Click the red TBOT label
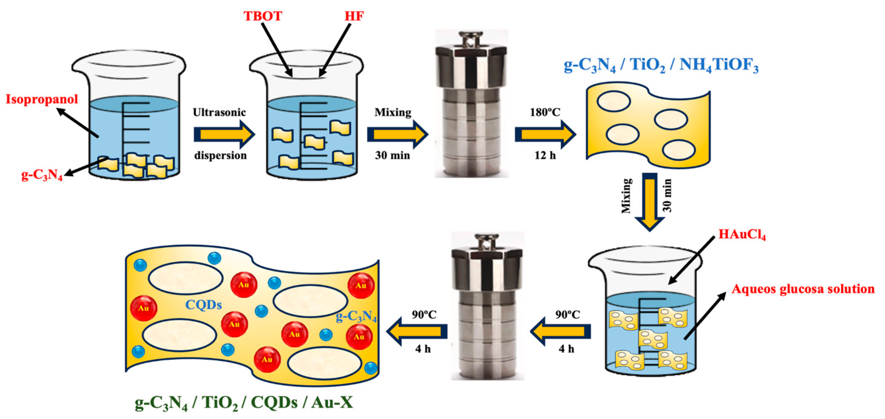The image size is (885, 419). coord(263,16)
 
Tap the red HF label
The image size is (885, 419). coord(354,16)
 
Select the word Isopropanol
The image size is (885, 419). coord(42,99)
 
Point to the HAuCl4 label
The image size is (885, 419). coord(742,235)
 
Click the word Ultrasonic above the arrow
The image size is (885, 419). coord(219,112)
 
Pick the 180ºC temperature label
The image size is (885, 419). coord(545,112)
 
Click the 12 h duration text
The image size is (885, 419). coord(545,155)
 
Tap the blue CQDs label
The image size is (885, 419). coord(203,305)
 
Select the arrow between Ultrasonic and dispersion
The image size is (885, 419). coord(224,134)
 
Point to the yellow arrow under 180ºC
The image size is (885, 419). coord(545,134)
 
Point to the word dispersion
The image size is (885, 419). coord(220,155)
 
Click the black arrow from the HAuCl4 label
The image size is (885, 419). coord(691,260)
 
